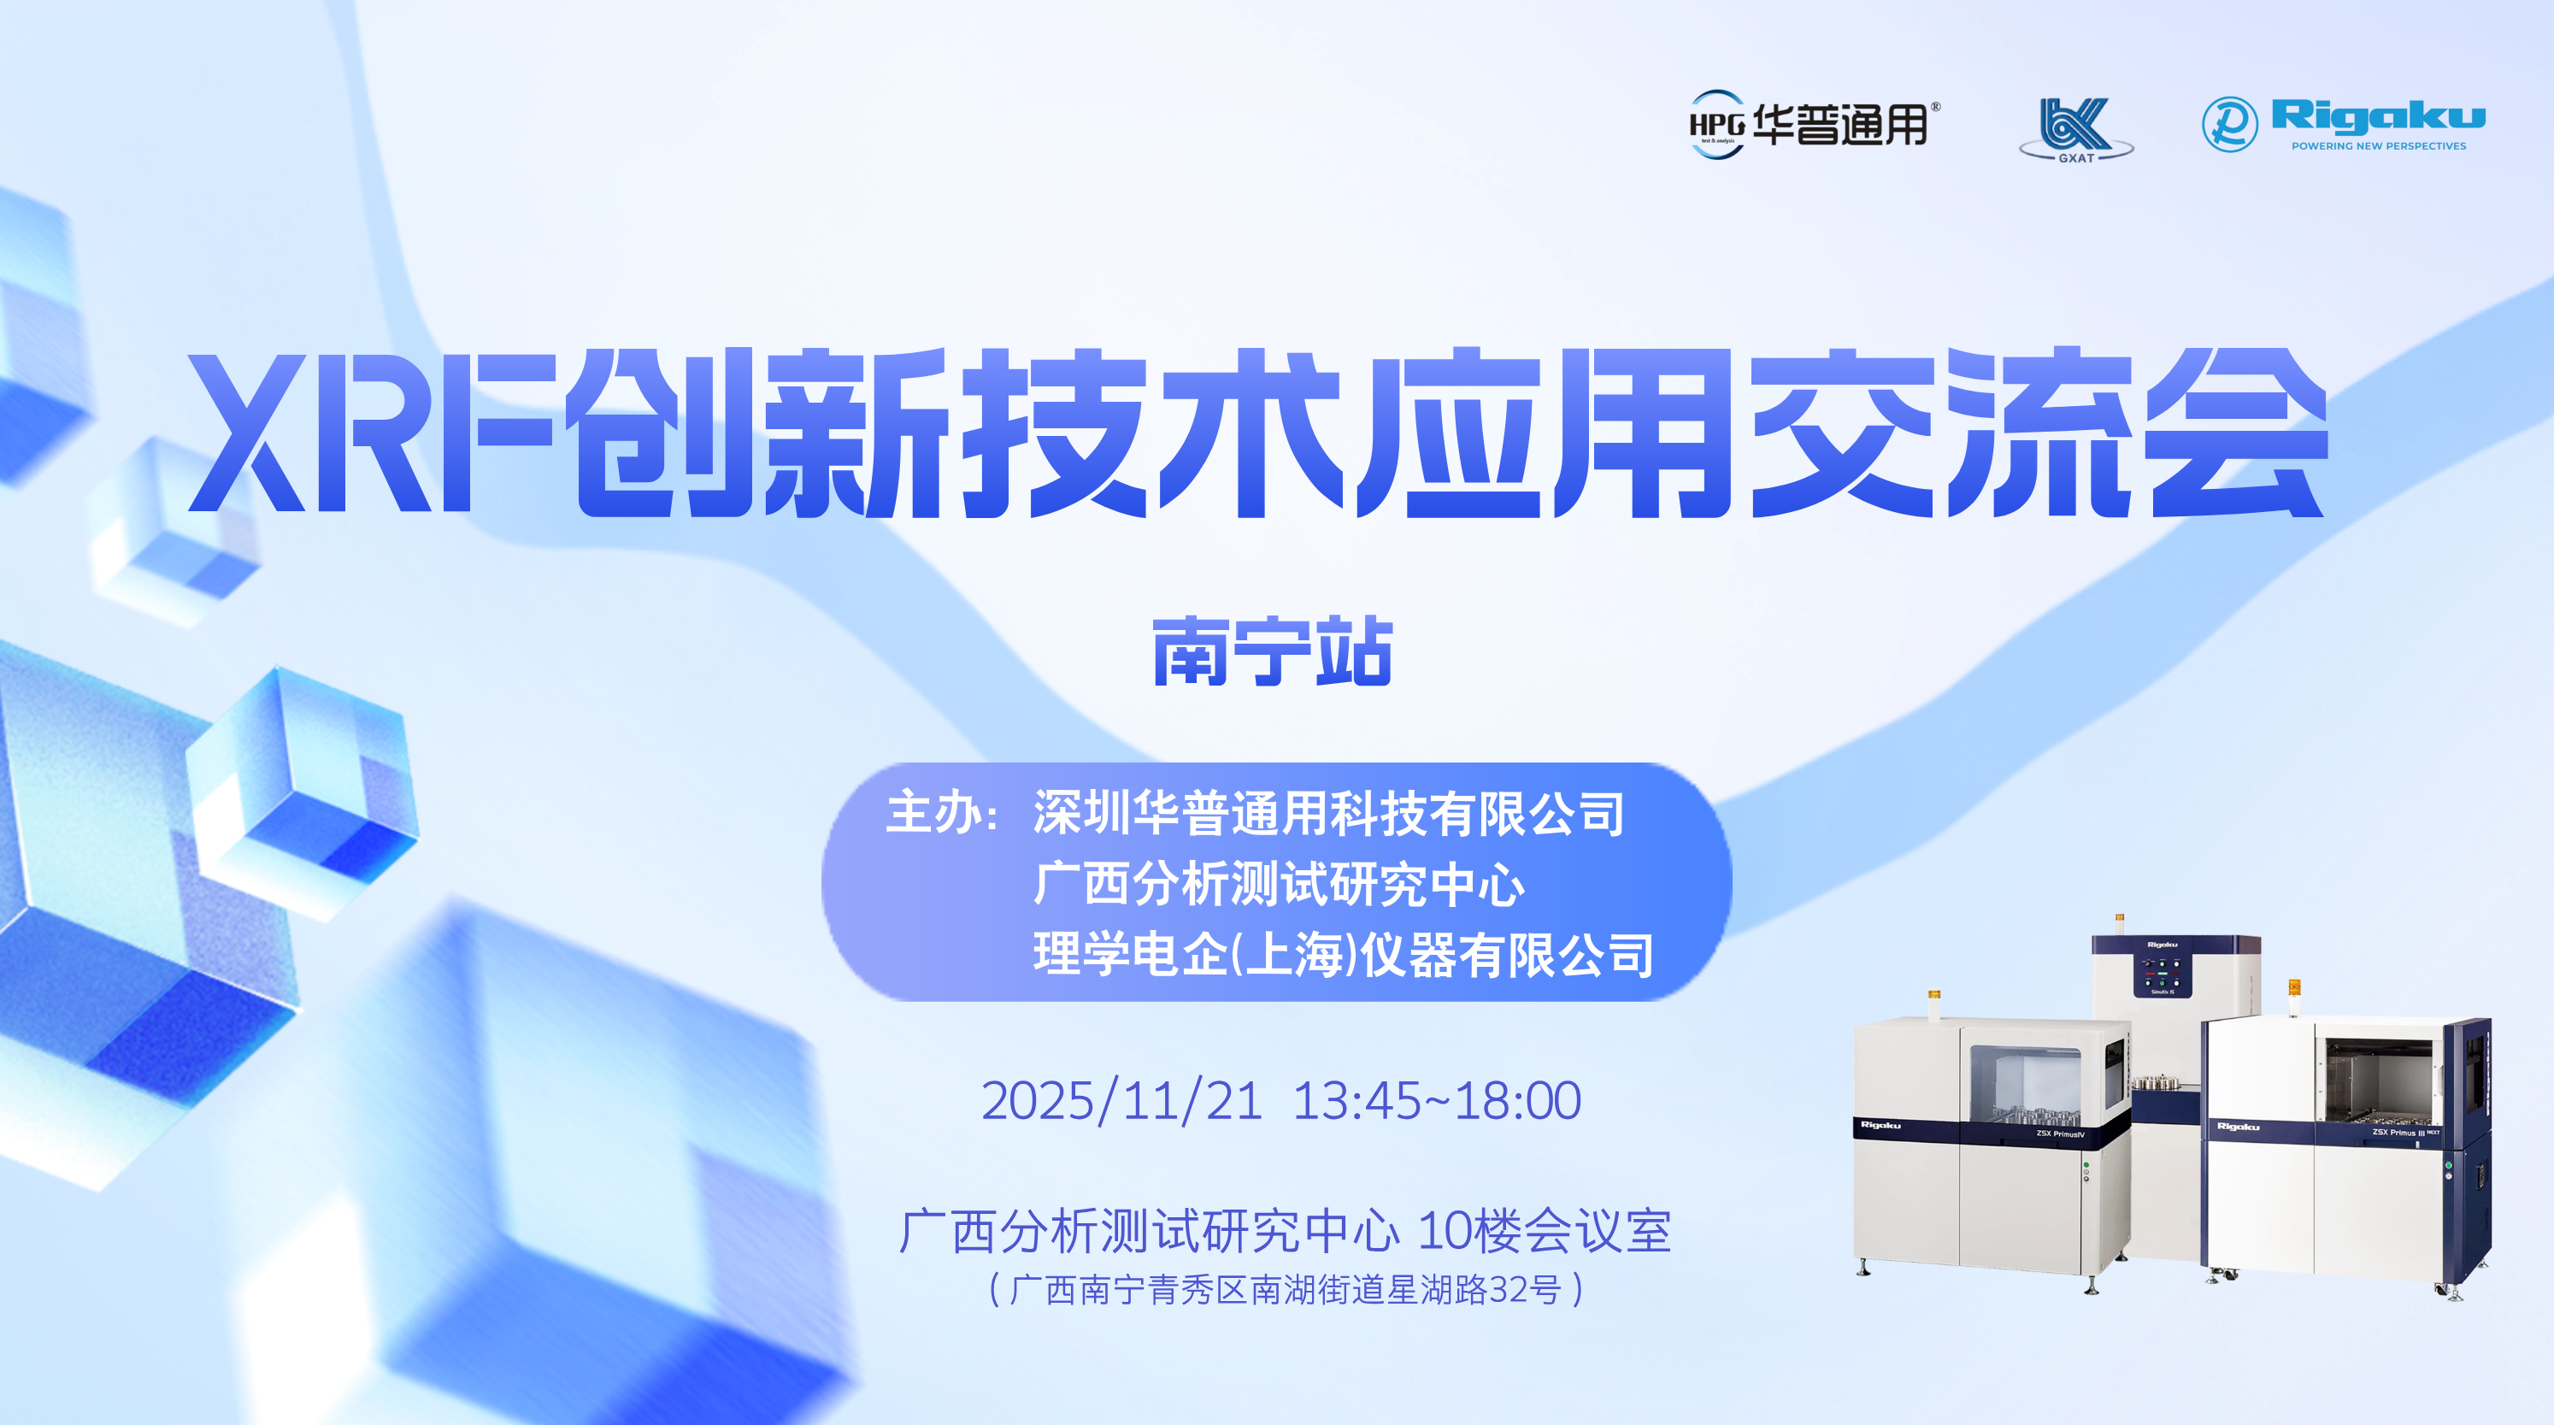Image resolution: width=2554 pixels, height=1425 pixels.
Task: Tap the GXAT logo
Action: [x=2076, y=129]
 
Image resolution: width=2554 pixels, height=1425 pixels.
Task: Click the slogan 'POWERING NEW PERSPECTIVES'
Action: [x=2378, y=146]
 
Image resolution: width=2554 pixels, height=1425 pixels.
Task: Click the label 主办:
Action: [x=941, y=813]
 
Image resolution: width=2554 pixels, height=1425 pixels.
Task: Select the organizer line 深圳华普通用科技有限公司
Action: [x=1327, y=813]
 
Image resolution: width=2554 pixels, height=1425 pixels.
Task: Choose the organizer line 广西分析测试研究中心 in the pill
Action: [x=1278, y=884]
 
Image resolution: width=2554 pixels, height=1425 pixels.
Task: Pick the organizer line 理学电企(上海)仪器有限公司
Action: [x=1343, y=954]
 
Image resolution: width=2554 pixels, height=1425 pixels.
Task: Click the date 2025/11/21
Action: [x=1121, y=1101]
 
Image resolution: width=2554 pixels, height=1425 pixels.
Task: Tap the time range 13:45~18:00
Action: [x=1437, y=1101]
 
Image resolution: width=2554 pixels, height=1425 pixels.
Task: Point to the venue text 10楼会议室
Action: [x=1544, y=1231]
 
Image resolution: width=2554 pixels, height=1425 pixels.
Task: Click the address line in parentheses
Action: [x=1286, y=1289]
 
